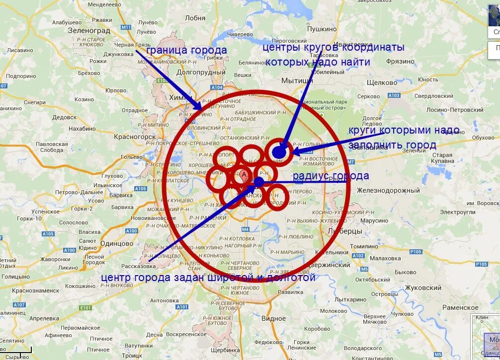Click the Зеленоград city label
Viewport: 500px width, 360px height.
(88, 30)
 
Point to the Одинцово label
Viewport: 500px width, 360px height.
(117, 243)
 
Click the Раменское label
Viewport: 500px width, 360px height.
(460, 307)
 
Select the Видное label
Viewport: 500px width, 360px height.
(273, 318)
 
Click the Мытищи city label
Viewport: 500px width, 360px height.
(297, 80)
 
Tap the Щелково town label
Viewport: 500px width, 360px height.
(382, 82)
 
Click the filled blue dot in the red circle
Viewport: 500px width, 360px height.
(279, 152)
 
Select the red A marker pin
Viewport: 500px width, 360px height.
(244, 175)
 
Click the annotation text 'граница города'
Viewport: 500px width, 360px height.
(186, 51)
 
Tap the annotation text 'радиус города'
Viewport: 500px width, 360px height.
(331, 176)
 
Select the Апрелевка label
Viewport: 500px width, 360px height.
(44, 318)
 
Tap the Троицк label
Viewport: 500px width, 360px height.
(132, 356)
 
